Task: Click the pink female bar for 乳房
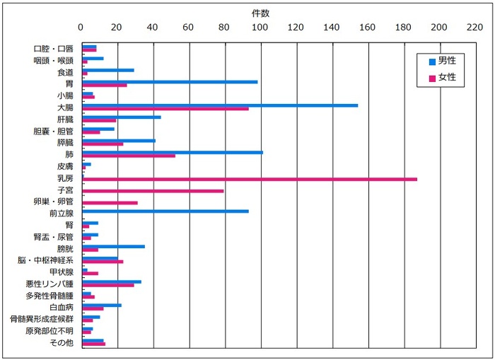click(x=250, y=179)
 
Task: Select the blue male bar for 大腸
click(x=220, y=105)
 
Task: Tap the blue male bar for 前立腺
click(x=165, y=211)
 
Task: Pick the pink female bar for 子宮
click(x=153, y=191)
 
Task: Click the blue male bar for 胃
click(x=170, y=81)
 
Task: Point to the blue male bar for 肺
click(x=173, y=152)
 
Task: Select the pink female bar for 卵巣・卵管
click(x=110, y=203)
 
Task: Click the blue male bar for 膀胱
click(x=113, y=246)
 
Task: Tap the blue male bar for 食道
click(x=107, y=70)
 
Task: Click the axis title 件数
click(x=260, y=13)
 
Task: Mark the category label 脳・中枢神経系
click(x=45, y=260)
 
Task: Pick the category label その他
click(x=62, y=343)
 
